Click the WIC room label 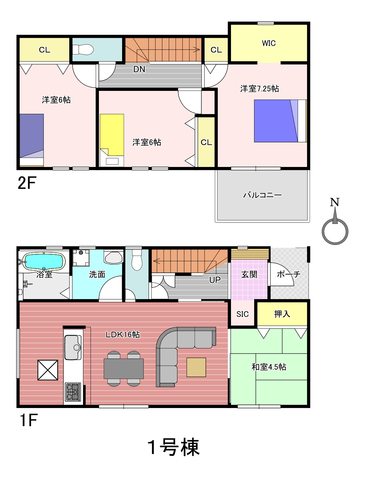269,43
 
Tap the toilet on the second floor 83,50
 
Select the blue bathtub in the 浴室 44,261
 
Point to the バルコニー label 262,195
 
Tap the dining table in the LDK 123,369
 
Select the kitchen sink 73,347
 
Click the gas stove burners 73,392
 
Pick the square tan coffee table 196,367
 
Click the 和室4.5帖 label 269,367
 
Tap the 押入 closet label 282,314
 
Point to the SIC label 243,314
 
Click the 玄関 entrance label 249,274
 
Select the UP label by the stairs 215,280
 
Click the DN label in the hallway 139,69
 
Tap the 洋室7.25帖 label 259,89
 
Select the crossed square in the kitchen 48,370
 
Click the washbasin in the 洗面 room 114,257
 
